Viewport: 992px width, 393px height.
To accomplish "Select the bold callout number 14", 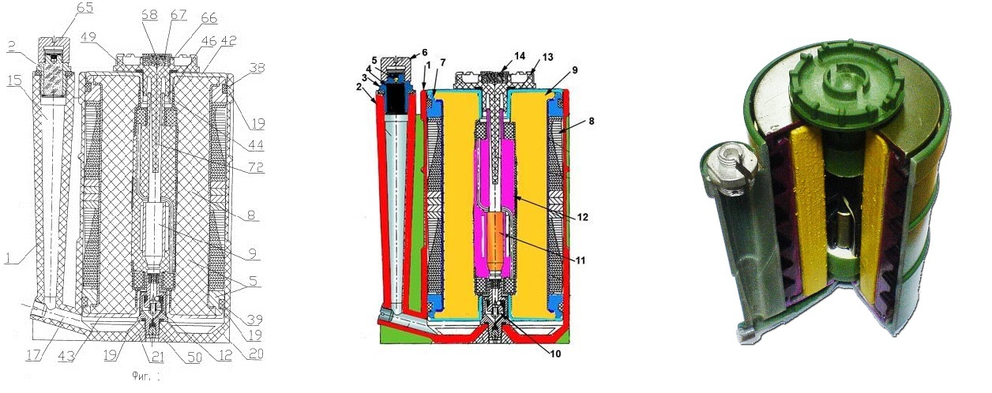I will click(519, 58).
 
